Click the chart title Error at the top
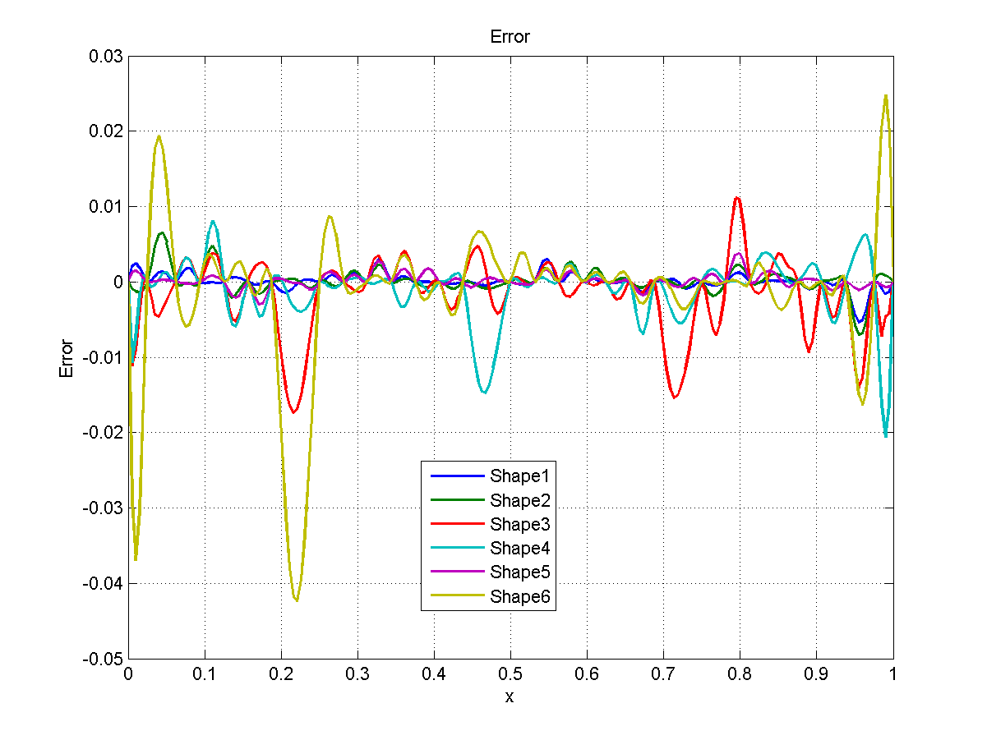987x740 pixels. (510, 37)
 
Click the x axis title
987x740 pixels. (510, 697)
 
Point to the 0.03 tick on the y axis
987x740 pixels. (107, 56)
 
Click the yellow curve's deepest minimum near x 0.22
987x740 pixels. (296, 601)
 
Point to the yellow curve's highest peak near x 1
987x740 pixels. (886, 95)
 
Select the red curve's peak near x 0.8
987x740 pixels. (738, 197)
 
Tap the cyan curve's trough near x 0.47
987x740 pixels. (485, 393)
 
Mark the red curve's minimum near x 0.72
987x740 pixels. (676, 398)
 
